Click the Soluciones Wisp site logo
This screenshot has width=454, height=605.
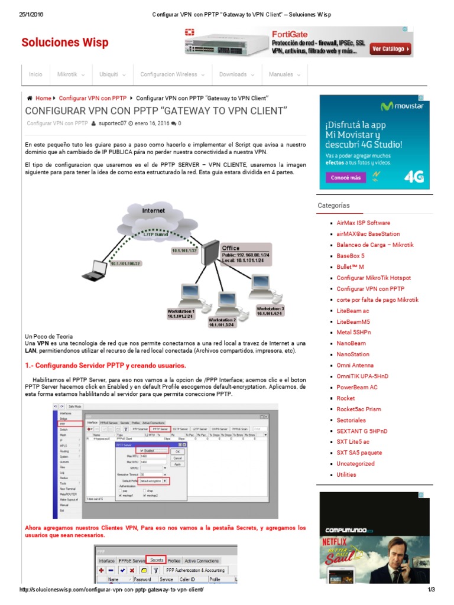[x=65, y=43]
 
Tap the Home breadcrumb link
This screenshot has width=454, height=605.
[x=43, y=98]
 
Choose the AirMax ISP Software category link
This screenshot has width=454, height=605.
[x=363, y=223]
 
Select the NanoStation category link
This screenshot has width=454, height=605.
[x=352, y=354]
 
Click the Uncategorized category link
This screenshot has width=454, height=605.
[x=355, y=464]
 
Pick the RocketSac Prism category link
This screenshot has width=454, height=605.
[x=358, y=409]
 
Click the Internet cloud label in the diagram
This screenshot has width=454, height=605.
[x=154, y=210]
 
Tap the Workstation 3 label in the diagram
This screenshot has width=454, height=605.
[x=270, y=308]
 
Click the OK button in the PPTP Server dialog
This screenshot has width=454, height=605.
[x=177, y=451]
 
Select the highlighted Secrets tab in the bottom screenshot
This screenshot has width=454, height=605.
[x=156, y=560]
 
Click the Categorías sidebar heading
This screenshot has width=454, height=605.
[x=333, y=206]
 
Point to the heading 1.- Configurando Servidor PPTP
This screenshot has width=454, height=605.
[x=105, y=365]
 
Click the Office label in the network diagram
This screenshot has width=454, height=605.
[x=231, y=248]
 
